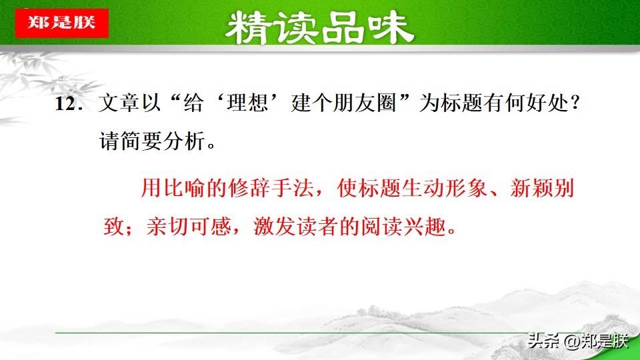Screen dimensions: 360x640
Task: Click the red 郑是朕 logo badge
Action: [61, 22]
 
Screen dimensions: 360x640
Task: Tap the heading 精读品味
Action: [319, 28]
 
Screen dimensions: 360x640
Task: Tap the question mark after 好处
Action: [583, 105]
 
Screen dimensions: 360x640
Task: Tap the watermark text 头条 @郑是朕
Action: [577, 341]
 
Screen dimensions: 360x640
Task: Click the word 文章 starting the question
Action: [119, 105]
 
